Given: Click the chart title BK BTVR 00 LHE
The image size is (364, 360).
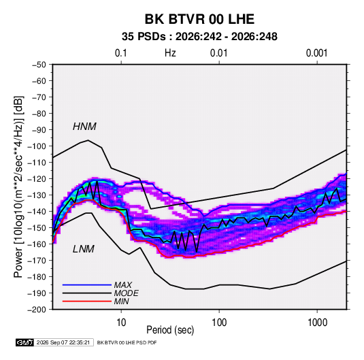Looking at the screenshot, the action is tap(199, 19).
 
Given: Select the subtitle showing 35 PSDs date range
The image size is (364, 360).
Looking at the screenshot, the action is tap(199, 37).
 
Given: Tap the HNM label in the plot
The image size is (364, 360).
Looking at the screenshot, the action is tap(84, 127).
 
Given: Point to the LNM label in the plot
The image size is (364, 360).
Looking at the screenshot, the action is tap(84, 249).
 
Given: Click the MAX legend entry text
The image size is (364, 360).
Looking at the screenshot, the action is tap(123, 284).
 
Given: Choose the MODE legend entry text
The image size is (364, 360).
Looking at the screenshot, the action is tap(127, 293).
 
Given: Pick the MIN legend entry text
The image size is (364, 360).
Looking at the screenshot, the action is tap(121, 301).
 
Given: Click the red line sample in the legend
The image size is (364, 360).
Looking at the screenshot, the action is tap(87, 301).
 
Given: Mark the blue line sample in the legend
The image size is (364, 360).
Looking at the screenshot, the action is tap(87, 284).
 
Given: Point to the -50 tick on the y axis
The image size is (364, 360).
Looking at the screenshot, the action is tap(39, 65).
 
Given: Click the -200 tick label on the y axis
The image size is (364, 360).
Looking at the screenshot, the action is tap(37, 310).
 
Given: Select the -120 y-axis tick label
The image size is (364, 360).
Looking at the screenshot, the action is tap(37, 179).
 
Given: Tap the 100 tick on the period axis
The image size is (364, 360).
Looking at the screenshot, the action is tap(219, 323).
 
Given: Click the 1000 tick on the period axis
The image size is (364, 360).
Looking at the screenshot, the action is tap(317, 323).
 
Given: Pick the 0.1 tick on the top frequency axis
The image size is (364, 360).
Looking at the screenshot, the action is tap(121, 53).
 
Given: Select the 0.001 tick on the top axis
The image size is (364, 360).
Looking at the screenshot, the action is tap(316, 53).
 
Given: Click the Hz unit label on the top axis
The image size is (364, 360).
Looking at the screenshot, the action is tap(170, 53).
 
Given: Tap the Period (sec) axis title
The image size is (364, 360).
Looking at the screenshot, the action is tap(170, 330).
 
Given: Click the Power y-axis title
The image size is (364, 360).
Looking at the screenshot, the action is tap(18, 186).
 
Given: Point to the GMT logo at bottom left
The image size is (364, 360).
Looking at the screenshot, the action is tap(25, 342).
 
